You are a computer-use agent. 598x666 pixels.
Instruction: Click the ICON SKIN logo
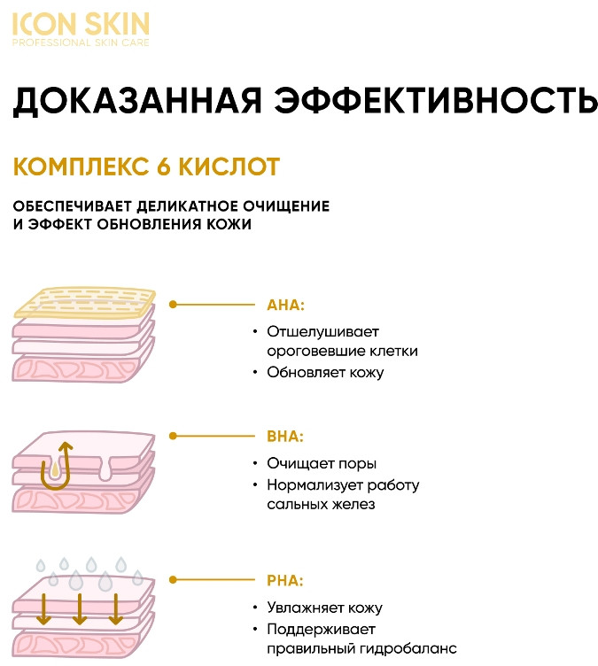pos(81,23)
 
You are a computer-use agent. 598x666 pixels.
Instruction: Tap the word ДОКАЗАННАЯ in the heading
pos(131,102)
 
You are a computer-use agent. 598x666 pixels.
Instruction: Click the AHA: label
pos(285,305)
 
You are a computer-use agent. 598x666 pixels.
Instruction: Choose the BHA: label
pos(285,437)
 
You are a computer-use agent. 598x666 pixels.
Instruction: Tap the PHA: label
pos(285,582)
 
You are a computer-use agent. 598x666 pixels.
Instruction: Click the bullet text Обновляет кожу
pos(325,372)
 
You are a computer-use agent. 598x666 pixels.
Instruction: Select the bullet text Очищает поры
pos(321,463)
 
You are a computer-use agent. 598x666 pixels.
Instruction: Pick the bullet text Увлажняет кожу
pos(324,608)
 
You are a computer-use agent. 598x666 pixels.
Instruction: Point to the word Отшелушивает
pos(322,331)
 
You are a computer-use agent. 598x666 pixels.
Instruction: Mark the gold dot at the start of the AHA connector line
pos(174,304)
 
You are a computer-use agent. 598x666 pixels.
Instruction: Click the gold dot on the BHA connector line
pos(174,436)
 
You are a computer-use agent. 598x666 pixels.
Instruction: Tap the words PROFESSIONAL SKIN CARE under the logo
pos(81,43)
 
